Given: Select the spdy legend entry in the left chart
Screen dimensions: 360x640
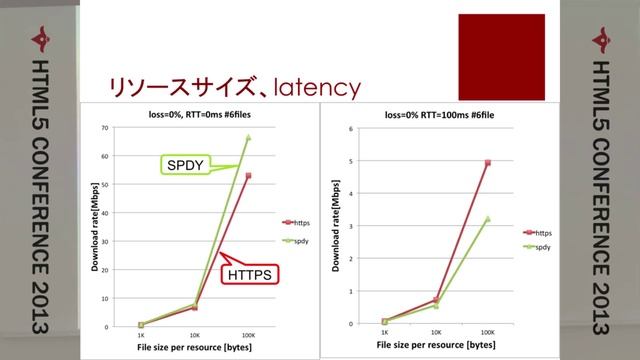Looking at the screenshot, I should (x=297, y=241).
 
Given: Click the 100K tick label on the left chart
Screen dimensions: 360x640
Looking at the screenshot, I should (x=247, y=334).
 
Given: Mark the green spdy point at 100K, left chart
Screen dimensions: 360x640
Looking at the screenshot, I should (x=248, y=137).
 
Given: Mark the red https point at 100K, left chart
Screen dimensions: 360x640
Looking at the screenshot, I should (x=248, y=176).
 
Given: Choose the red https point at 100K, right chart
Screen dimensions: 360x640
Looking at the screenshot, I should (x=488, y=162).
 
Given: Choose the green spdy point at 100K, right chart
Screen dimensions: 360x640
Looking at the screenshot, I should (x=488, y=218).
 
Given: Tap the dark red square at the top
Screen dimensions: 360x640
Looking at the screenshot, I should (x=501, y=52).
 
